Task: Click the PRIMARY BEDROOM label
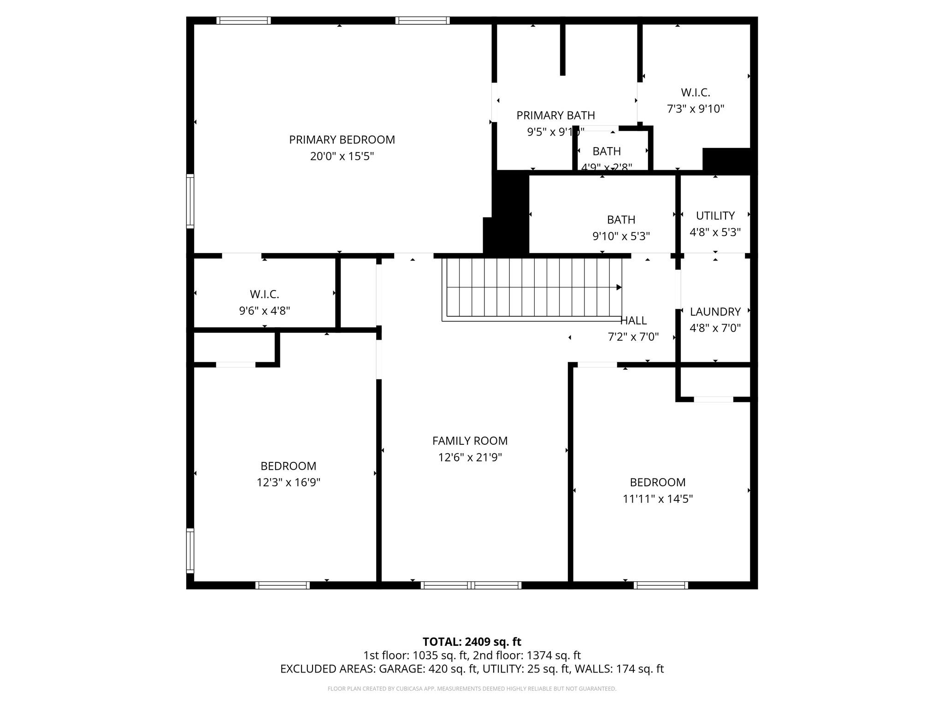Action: (342, 140)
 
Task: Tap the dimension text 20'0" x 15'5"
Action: (342, 156)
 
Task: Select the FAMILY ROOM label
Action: (470, 441)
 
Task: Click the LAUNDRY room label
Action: (715, 312)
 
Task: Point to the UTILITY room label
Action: (715, 216)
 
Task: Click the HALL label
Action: (634, 320)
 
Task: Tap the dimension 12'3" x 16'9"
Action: (288, 483)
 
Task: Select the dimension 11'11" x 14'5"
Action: (657, 499)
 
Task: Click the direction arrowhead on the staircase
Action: (619, 287)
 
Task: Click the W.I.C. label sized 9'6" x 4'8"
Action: (264, 294)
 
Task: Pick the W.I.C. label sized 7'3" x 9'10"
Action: (695, 93)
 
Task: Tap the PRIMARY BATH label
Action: (555, 115)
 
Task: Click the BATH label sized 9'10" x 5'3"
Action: (621, 219)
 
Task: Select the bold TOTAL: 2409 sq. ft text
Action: (472, 642)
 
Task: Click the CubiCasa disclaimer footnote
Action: (472, 689)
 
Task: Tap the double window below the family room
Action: (471, 585)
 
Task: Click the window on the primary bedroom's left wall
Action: (190, 201)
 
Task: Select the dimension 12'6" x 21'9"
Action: (470, 457)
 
